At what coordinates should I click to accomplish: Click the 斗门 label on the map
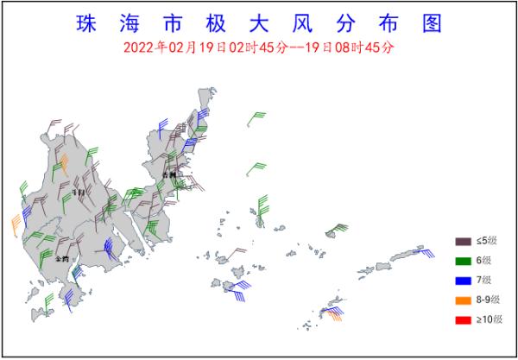pos(79,193)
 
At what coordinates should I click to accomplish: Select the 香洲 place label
pos(168,175)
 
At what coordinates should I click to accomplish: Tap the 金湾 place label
pos(61,258)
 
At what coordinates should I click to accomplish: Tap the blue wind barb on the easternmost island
pos(424,251)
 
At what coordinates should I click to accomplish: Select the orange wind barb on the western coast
pos(15,225)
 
